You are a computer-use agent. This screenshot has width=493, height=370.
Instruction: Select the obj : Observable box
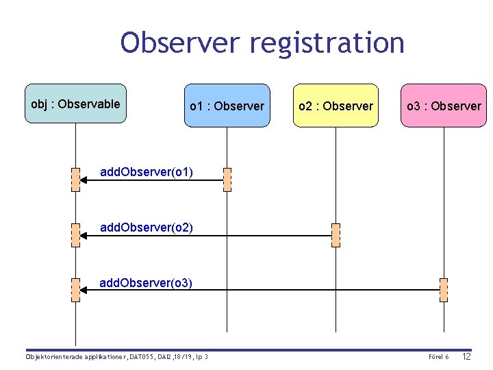75,103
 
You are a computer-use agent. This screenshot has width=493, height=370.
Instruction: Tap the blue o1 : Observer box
227,106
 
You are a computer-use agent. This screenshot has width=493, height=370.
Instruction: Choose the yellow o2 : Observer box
336,106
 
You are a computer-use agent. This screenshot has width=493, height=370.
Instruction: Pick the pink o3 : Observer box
444,106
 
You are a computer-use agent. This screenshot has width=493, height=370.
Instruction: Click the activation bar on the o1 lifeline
227,180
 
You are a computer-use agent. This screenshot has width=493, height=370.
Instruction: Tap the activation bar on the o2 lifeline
336,235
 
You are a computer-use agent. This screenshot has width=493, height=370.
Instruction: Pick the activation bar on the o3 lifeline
444,290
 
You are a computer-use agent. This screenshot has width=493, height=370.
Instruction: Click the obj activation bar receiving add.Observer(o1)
75,180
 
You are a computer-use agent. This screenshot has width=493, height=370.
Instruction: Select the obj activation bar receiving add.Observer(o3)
75,290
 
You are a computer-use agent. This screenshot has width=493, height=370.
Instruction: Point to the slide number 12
467,356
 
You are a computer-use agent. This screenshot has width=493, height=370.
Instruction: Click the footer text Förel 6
438,357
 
